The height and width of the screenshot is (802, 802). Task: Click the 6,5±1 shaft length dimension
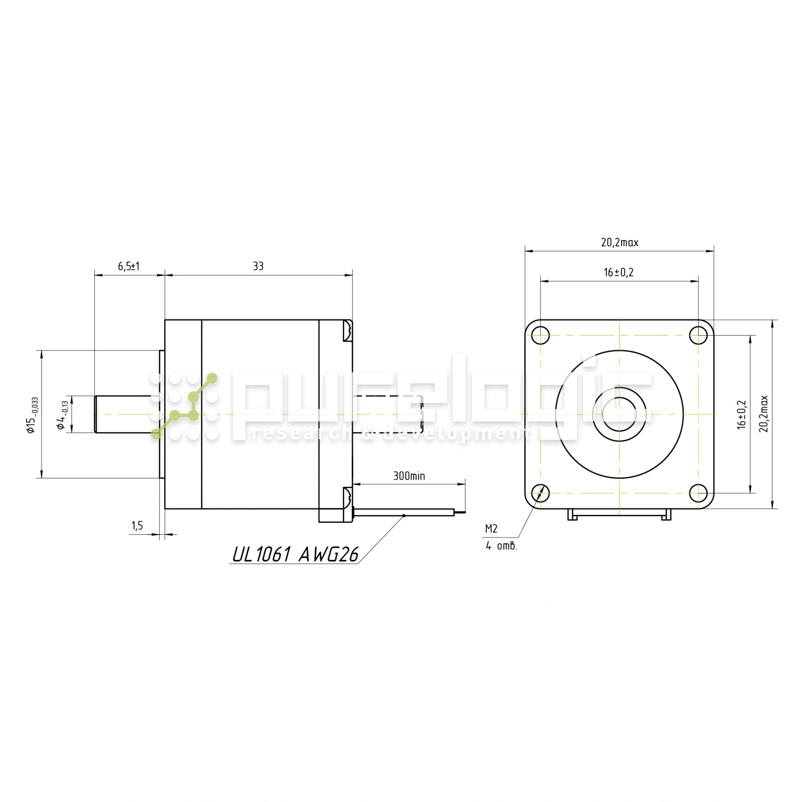129,266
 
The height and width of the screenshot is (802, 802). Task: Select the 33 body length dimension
258,266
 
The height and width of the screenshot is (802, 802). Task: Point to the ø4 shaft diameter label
62,415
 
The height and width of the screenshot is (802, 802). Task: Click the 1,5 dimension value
137,526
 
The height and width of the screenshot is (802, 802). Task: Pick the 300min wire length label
409,476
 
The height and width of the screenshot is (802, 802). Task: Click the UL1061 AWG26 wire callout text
295,554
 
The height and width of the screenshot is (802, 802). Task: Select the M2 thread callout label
491,529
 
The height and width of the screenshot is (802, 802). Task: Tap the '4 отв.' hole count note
502,546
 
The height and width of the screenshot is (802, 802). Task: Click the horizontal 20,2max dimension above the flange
620,243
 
